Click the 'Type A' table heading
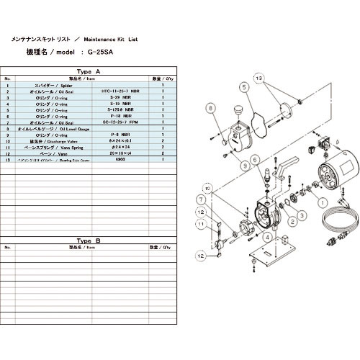88,72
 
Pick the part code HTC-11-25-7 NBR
129,91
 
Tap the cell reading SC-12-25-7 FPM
129,123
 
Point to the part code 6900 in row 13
129,161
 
